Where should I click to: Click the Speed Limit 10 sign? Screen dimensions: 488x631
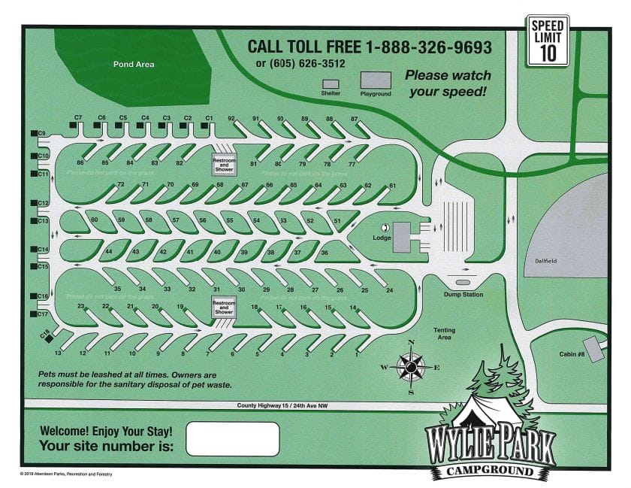pos(547,41)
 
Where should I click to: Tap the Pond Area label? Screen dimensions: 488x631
pos(134,65)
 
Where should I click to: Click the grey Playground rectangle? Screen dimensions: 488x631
pos(376,80)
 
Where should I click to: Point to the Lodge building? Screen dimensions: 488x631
pos(401,237)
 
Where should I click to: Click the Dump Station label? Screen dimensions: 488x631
pos(463,295)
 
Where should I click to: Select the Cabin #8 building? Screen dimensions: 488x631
pos(594,348)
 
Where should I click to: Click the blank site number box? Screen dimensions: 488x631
pos(232,439)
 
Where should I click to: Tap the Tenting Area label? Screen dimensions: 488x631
pos(444,334)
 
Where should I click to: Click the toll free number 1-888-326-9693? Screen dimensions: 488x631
pos(429,47)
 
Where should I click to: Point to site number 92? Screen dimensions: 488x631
pos(232,119)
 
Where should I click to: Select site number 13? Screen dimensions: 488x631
pos(58,353)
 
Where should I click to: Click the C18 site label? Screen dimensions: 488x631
pos(44,333)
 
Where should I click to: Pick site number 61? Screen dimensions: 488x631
pos(391,186)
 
